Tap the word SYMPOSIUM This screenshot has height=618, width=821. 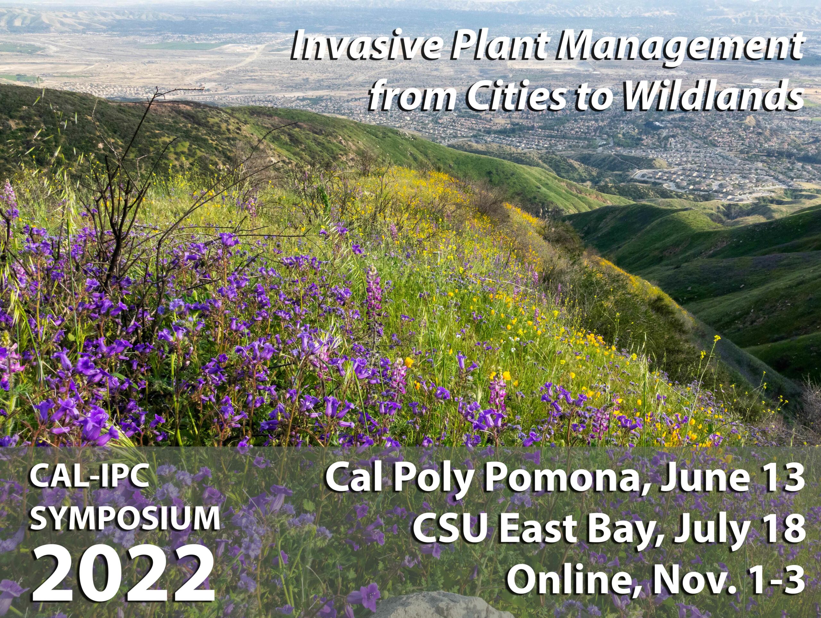click(124, 519)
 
